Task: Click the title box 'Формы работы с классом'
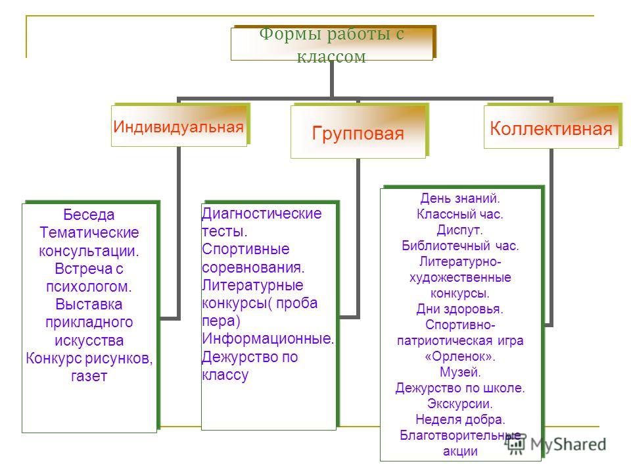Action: (332, 44)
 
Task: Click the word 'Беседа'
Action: (89, 215)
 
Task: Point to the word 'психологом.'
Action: (89, 287)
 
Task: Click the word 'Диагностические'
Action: (262, 213)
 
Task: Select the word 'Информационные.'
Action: (268, 338)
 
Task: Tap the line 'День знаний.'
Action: (460, 198)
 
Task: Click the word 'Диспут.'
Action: (460, 230)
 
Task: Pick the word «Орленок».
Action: (460, 357)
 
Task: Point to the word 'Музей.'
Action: (460, 373)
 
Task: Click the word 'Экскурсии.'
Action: (460, 404)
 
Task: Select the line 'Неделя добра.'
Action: (460, 419)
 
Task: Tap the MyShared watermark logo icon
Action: (516, 444)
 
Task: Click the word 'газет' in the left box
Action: (89, 377)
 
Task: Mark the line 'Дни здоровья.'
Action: (460, 309)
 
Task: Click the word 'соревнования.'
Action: (253, 268)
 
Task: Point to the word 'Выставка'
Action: (89, 304)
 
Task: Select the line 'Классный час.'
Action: (460, 214)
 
